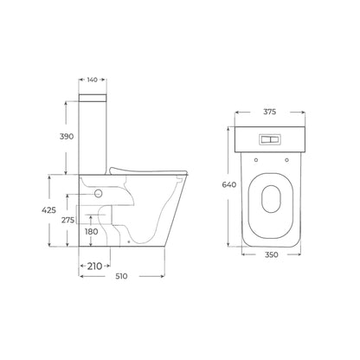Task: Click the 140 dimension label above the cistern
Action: (x=93, y=80)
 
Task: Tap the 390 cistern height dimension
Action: (x=67, y=137)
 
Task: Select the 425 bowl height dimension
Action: (x=48, y=210)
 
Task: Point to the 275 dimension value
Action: (x=67, y=220)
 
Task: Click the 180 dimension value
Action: (x=92, y=231)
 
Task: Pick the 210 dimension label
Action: (x=95, y=266)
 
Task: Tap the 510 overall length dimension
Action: (x=121, y=276)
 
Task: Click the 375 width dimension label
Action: (x=270, y=112)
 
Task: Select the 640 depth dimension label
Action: (x=229, y=184)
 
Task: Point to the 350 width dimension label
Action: (x=272, y=254)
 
